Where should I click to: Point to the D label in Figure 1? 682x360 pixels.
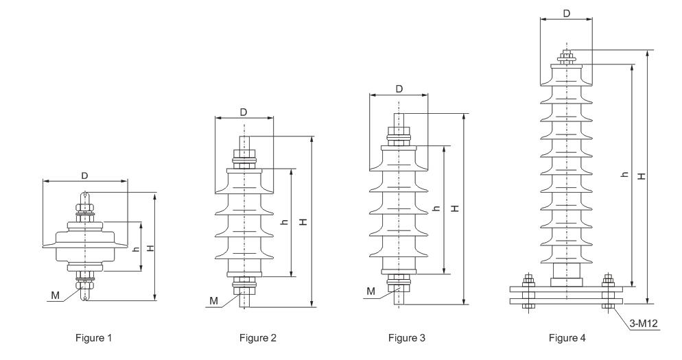coord(85,176)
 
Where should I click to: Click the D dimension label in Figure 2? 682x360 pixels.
coord(244,112)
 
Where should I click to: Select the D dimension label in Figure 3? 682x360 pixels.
coord(399,88)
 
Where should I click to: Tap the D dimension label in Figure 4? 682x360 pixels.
coord(566,13)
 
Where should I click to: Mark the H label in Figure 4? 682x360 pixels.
coord(641,176)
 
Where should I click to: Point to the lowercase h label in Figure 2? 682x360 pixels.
coord(285,223)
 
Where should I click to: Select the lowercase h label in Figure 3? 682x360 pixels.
coord(437,208)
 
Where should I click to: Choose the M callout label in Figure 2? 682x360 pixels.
coord(213,300)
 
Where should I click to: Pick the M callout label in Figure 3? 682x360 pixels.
coord(371,291)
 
